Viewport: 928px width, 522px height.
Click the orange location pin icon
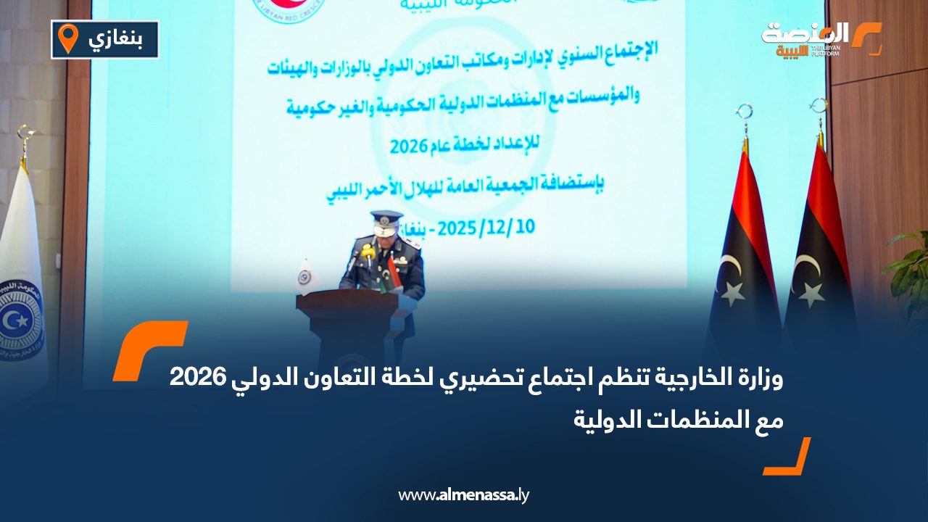(x=67, y=38)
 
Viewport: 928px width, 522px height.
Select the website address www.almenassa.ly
(x=464, y=495)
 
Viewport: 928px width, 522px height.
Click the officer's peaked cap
(x=386, y=217)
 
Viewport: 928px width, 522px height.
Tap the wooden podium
(x=355, y=319)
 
